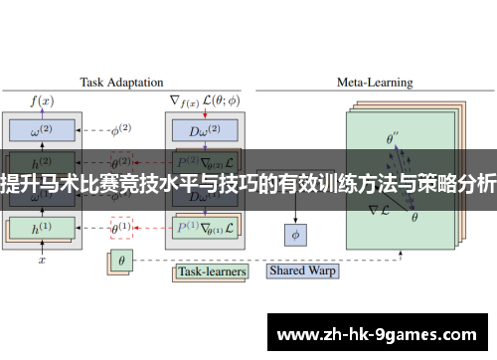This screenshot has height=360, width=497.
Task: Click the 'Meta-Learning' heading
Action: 375,83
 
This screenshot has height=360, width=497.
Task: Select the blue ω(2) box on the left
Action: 43,130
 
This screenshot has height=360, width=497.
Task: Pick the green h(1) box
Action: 41,227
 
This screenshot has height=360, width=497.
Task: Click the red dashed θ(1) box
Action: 121,227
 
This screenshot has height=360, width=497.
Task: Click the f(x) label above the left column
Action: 42,99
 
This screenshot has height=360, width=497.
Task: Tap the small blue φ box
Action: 295,235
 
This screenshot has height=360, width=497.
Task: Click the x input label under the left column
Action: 42,261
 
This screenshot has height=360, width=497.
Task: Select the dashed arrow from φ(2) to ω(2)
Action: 92,130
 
